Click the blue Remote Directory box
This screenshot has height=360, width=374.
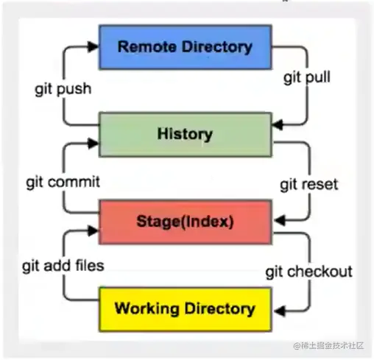[185, 47]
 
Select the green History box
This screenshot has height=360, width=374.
[185, 133]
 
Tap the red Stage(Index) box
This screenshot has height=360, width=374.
[185, 220]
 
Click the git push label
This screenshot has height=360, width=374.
[63, 89]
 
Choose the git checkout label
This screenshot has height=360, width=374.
[308, 271]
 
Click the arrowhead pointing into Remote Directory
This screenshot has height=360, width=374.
[92, 46]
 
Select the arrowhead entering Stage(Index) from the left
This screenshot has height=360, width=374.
[92, 230]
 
